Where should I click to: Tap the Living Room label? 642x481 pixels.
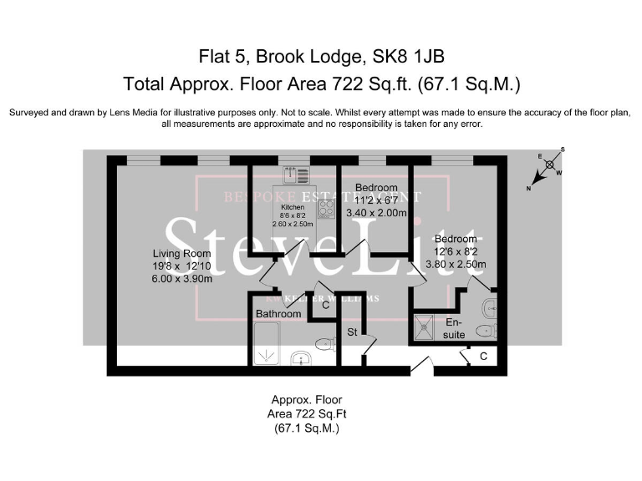tap(181, 254)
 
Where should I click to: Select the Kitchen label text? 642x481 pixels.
tap(292, 206)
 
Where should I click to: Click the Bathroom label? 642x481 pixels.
tap(278, 314)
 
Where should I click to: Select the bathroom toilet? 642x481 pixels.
tap(324, 344)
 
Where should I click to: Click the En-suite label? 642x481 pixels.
tap(454, 328)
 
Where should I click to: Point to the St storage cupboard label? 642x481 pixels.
tap(353, 332)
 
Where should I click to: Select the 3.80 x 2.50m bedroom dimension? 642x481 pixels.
tap(455, 264)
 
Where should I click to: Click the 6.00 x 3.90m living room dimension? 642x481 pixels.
tap(181, 279)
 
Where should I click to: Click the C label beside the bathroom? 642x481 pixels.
tap(325, 306)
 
